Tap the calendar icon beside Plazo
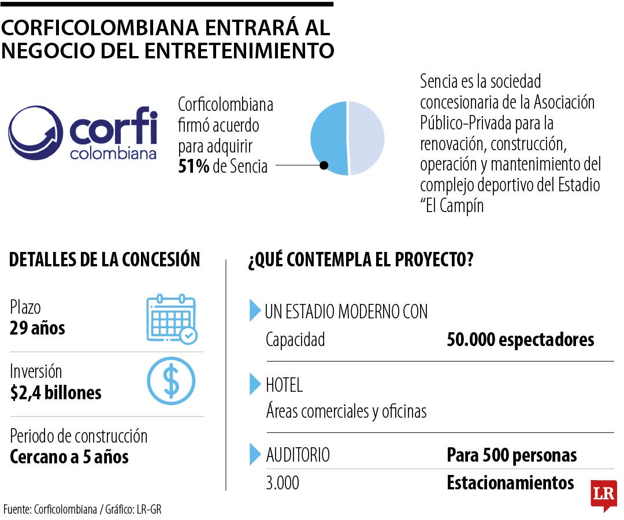point(171,318)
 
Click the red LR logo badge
point(603,495)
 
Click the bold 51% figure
point(194,166)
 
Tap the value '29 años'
point(38,329)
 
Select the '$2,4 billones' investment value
point(56,393)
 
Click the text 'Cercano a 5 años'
point(69,457)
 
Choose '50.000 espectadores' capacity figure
point(520,340)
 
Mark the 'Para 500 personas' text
point(511,455)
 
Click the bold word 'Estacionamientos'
point(510,482)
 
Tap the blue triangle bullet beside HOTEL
point(255,384)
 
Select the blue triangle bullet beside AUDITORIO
point(255,454)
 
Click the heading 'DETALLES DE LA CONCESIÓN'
point(105,260)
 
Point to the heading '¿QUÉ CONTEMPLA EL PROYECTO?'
point(361,260)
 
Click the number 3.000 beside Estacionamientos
point(283,483)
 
